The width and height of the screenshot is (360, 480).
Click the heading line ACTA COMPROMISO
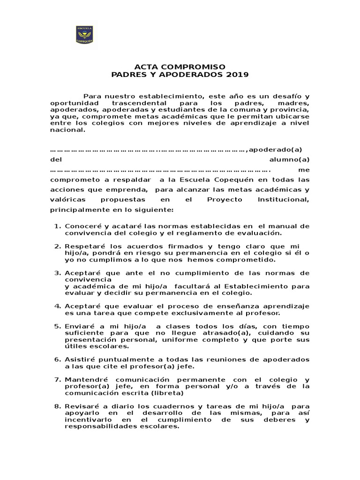180,67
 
